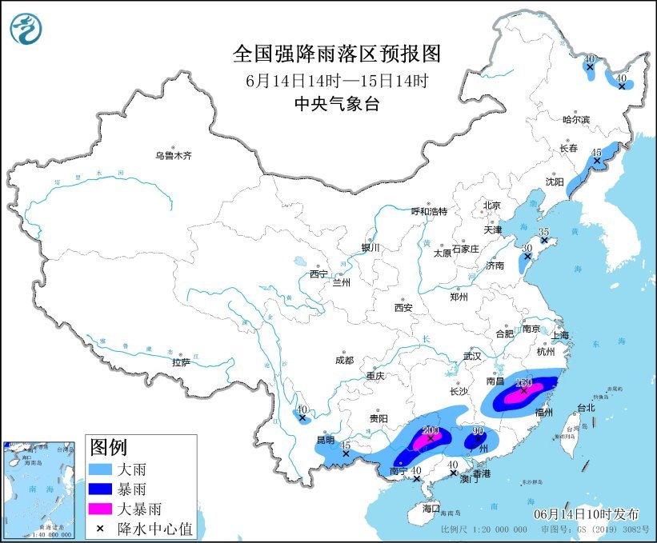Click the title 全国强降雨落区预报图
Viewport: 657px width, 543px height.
(337, 54)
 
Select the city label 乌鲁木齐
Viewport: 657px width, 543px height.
(174, 156)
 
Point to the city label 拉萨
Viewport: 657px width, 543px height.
(181, 362)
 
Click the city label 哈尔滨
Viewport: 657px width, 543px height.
(575, 119)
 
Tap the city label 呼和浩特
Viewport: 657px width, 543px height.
(429, 211)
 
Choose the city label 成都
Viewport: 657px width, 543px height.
(345, 360)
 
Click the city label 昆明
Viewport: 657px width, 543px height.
(326, 441)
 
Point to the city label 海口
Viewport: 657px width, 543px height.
(431, 508)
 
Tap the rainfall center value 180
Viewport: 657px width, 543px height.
(524, 382)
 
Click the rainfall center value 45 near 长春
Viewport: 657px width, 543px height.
(595, 152)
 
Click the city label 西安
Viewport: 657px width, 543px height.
(403, 307)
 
